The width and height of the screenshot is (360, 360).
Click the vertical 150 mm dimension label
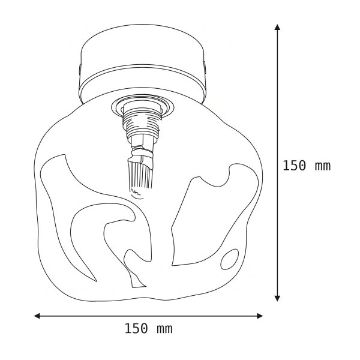pos(307,166)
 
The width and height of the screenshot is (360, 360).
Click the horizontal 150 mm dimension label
pos(148,329)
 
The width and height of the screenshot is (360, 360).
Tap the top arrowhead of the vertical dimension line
pos(277,27)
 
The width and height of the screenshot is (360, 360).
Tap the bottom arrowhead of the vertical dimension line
pos(277,298)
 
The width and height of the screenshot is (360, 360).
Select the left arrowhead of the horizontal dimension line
pos(37,316)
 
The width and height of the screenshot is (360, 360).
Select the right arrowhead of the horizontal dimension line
pos(260,316)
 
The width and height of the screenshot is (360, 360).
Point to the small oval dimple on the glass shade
pos(229,259)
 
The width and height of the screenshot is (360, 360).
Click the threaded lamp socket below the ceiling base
pos(142,125)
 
